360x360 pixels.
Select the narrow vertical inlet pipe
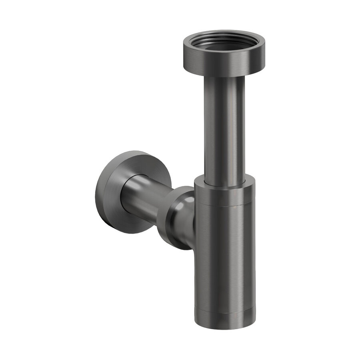click(224, 128)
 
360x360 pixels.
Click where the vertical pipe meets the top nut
click(224, 77)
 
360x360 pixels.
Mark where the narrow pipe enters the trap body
click(224, 183)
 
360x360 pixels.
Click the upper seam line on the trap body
click(224, 206)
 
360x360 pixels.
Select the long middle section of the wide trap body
click(224, 256)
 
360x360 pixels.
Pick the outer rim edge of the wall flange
click(98, 192)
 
